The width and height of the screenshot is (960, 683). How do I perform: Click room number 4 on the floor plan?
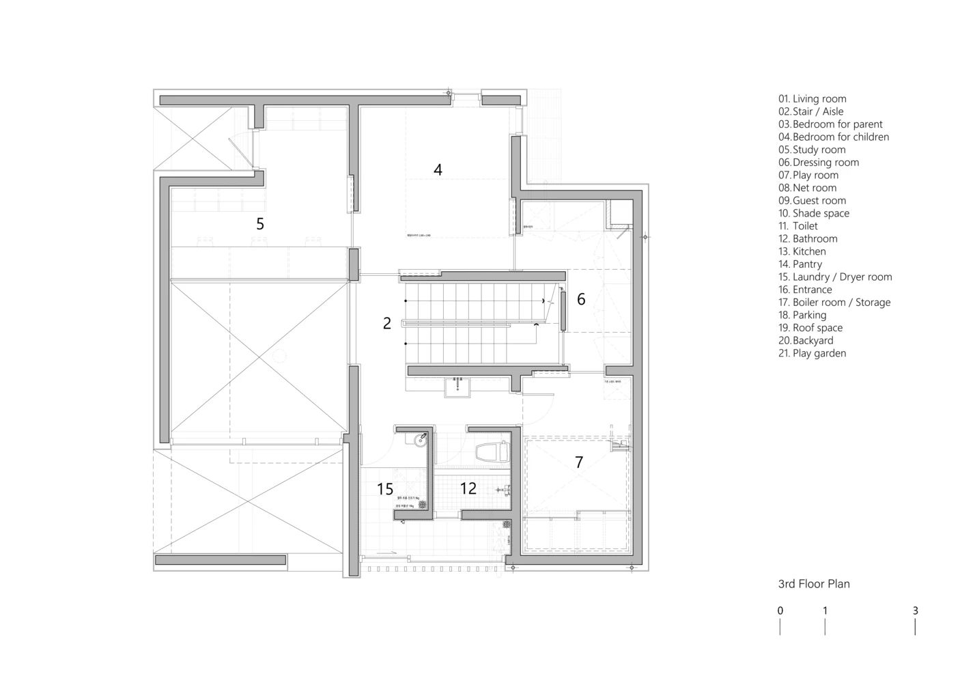coord(438,169)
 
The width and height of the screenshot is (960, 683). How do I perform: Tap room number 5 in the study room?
coord(260,223)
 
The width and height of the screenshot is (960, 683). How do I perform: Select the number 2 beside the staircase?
coord(387,324)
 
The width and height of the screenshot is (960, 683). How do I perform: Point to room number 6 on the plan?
coord(581,299)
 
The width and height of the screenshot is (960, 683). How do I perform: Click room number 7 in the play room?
coord(579,462)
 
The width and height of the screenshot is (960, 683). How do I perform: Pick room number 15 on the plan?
coord(385,489)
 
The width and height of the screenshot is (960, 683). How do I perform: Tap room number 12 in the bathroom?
coord(468,489)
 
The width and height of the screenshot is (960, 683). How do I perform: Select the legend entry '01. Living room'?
coord(812,99)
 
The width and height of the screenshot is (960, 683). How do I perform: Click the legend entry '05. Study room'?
coord(812,150)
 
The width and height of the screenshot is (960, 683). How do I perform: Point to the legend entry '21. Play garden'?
coord(812,353)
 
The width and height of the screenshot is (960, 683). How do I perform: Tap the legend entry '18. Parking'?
coord(802,315)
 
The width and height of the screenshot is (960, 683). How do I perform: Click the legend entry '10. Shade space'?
coord(814,213)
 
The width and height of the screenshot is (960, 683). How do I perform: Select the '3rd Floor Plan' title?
coord(814,584)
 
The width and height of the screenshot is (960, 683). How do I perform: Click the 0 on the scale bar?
coord(780,611)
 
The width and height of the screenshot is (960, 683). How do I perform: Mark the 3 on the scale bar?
coord(915,611)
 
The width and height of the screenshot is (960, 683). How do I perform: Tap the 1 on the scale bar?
coord(825,611)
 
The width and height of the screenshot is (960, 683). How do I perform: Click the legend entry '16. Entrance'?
coord(805,290)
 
